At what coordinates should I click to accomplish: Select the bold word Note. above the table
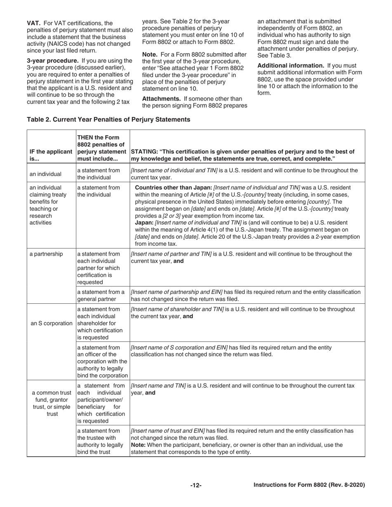(150, 54)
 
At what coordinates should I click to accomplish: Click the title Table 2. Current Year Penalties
(109, 120)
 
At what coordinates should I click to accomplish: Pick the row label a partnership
(46, 254)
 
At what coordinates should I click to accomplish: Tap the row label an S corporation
(52, 323)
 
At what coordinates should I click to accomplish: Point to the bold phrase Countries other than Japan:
(173, 188)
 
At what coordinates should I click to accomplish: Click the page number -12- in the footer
(196, 486)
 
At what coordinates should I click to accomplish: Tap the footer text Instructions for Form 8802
(309, 485)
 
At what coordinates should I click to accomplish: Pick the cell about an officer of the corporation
(103, 361)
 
